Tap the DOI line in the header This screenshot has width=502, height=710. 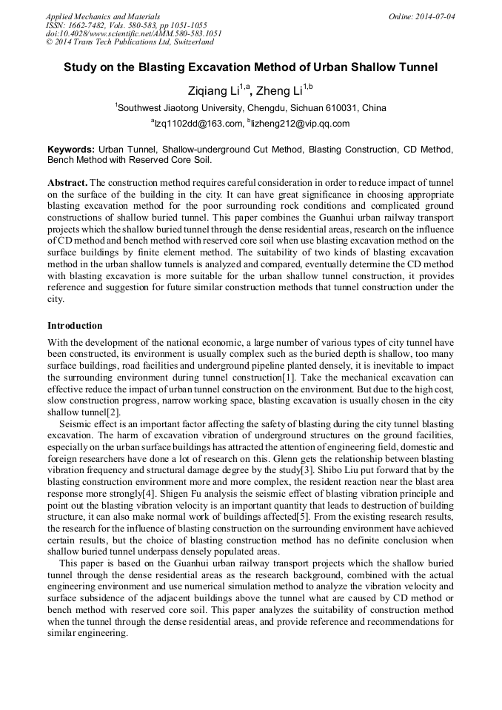coord(133,34)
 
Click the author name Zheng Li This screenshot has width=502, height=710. coord(283,90)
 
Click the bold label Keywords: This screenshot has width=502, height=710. coord(71,150)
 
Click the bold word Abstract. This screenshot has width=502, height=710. coord(67,182)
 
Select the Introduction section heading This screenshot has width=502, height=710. coord(75,326)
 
